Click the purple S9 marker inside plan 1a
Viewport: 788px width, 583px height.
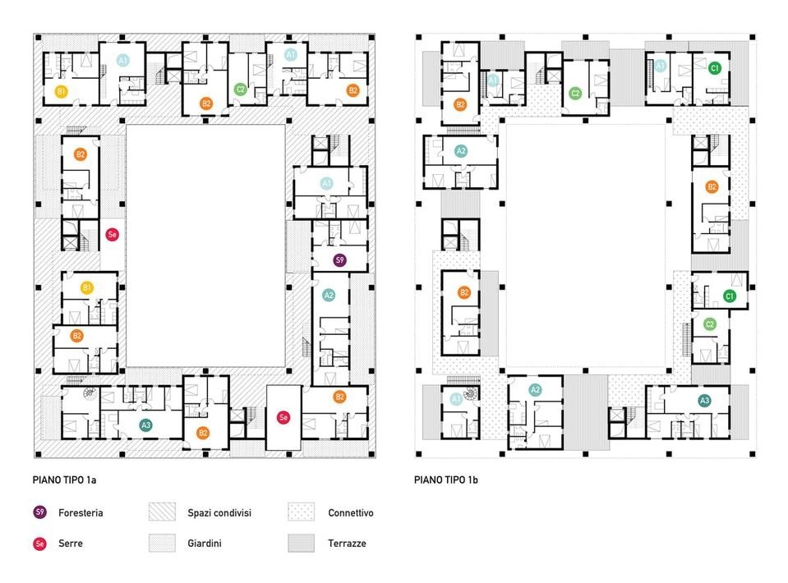point(339,260)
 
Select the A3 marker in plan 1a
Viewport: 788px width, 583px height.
point(145,425)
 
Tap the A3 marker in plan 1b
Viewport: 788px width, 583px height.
point(704,401)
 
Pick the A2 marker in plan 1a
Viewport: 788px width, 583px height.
point(329,296)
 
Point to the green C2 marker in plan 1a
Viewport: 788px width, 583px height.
point(241,90)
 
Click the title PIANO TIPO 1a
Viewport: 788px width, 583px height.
point(67,480)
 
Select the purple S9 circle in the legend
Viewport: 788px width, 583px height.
point(39,512)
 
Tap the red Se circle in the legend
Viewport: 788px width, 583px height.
point(39,543)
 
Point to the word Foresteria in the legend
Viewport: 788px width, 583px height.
point(81,513)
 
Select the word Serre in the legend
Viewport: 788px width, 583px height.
point(70,544)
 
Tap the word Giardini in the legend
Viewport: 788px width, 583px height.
point(205,544)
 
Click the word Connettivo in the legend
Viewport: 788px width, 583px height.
point(350,513)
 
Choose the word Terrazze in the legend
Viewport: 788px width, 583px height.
point(347,544)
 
